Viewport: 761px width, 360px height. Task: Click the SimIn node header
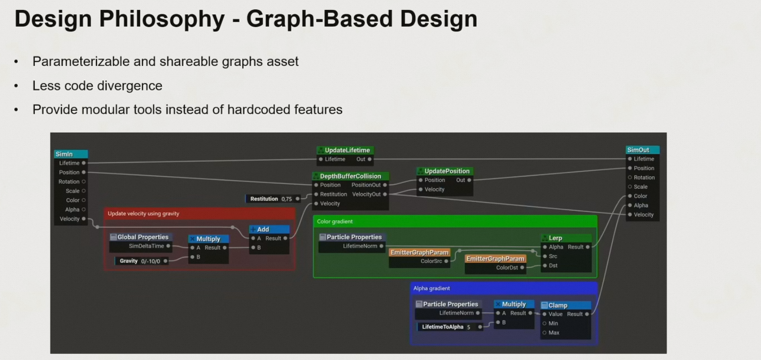(70, 154)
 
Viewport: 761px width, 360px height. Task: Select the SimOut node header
(642, 150)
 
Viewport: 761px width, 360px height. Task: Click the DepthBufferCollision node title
(350, 176)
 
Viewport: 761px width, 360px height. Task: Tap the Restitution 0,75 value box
(271, 199)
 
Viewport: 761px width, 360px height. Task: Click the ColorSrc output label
(431, 261)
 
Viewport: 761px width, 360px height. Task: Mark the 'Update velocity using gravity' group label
(143, 214)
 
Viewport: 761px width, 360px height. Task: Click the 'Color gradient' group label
(335, 222)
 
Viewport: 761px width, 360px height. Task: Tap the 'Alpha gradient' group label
(431, 288)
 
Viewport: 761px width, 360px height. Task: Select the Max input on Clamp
(554, 332)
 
